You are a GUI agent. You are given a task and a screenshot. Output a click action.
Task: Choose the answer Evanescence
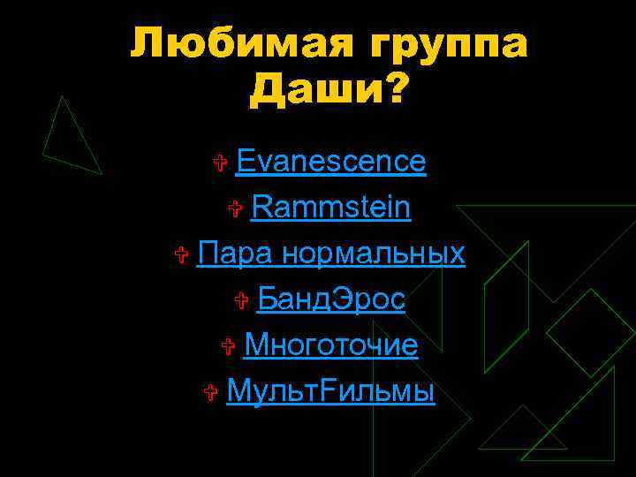point(331,162)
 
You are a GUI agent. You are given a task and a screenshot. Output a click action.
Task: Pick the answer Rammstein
point(331,208)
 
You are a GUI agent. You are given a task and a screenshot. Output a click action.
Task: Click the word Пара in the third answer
point(236,254)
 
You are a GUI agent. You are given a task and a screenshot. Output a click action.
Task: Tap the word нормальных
point(373,254)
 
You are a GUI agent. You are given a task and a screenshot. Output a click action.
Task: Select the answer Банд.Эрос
point(331,299)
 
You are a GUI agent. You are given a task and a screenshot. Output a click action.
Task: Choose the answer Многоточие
point(330,344)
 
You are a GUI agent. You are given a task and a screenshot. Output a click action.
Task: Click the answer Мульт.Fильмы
point(330,390)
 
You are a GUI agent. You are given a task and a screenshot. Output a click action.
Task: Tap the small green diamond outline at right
point(590,332)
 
